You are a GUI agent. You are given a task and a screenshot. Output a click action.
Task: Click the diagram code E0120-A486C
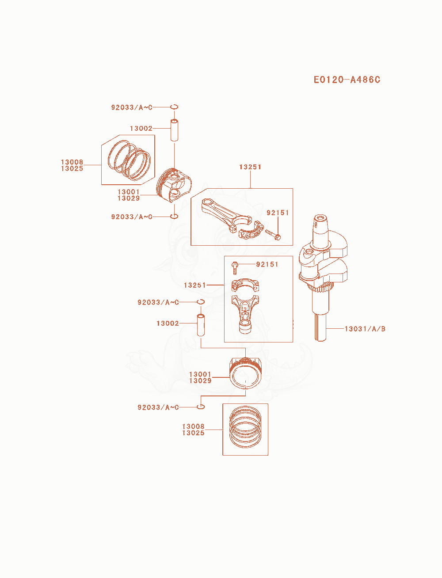347,80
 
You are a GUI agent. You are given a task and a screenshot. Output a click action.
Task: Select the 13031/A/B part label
365,329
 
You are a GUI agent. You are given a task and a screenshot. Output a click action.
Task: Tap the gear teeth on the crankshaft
320,288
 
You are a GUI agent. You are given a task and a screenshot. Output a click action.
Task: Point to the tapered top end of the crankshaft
320,224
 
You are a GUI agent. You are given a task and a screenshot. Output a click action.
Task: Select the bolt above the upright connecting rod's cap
234,268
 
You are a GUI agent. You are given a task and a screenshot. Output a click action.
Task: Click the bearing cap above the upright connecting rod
245,285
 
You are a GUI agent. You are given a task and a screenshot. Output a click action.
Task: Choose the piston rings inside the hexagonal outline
129,160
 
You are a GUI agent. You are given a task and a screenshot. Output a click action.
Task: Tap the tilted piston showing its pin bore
174,186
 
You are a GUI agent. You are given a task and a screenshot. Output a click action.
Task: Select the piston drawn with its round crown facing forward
245,373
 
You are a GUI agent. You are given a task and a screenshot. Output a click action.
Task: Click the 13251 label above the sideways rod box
250,167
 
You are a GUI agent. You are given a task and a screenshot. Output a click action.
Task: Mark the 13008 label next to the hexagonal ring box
72,162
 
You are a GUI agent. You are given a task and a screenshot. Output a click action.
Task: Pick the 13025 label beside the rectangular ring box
193,433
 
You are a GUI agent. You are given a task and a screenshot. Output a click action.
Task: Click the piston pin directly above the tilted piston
174,130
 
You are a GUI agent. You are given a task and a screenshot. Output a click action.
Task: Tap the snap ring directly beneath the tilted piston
174,216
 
